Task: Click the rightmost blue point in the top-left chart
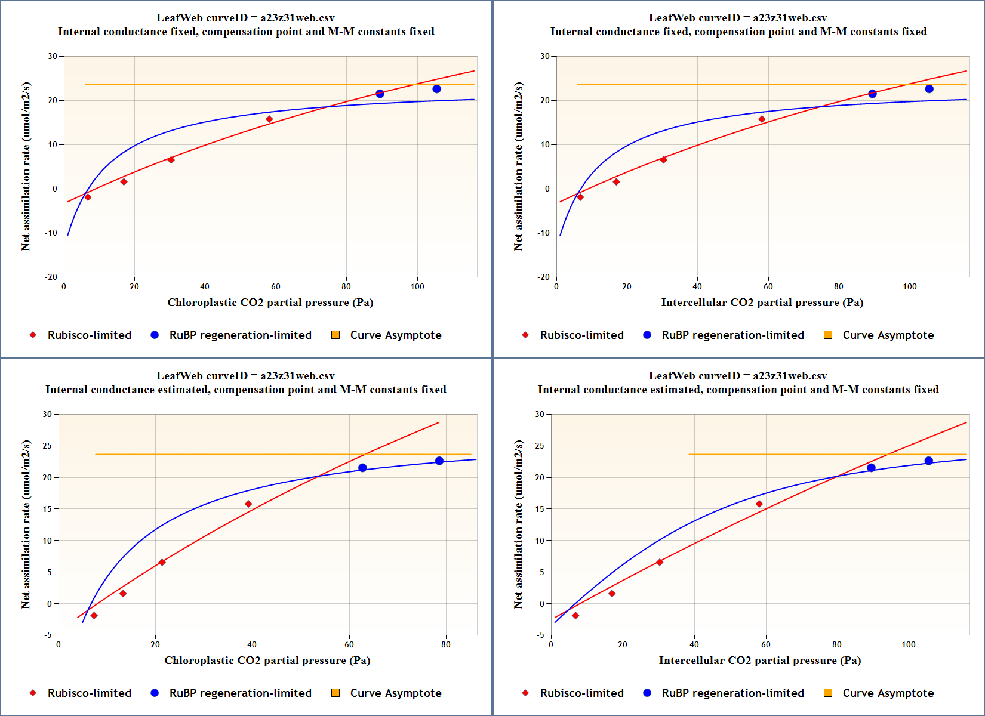(436, 89)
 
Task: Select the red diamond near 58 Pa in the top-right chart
(762, 119)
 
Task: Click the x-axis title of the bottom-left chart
(267, 661)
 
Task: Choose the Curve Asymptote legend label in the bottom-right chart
(888, 693)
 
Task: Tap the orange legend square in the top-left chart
(335, 335)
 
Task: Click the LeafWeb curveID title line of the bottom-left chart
(245, 376)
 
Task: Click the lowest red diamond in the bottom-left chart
(94, 616)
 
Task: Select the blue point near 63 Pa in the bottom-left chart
(362, 468)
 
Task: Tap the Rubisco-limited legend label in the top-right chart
(581, 335)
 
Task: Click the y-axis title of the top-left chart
(26, 166)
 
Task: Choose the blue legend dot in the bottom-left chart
(155, 693)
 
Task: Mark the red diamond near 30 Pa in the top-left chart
(171, 160)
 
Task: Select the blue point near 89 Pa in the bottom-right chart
(871, 468)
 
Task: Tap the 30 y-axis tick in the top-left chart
(53, 56)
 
